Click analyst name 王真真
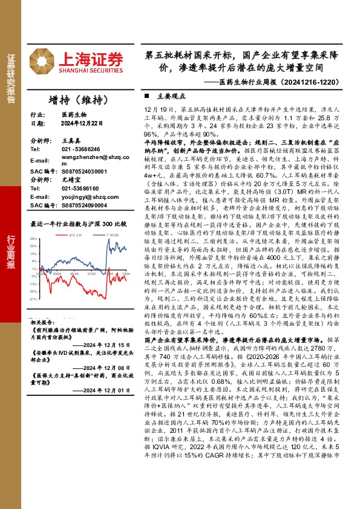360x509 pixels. (71, 140)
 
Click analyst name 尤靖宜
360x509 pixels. (71, 180)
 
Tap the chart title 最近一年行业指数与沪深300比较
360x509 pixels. (79, 224)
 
